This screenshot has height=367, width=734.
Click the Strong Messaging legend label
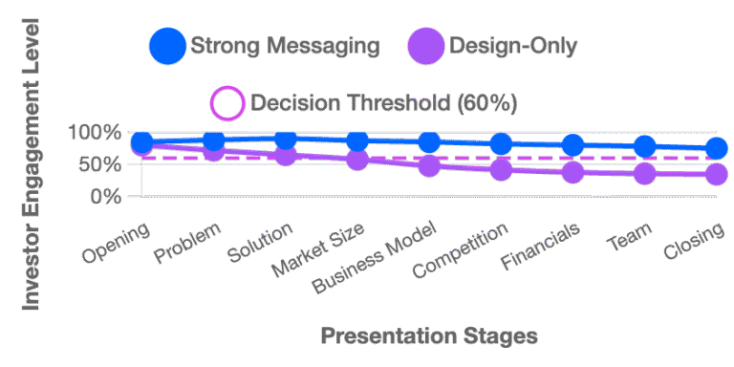click(x=285, y=46)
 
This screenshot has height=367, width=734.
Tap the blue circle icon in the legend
click(x=166, y=47)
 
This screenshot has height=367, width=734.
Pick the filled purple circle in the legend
click(x=426, y=47)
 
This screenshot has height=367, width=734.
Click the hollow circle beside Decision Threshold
click(x=227, y=103)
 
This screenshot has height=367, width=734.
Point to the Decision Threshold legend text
click(x=382, y=103)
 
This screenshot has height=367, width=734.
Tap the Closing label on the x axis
click(x=694, y=245)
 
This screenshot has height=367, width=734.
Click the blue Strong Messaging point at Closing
click(x=717, y=149)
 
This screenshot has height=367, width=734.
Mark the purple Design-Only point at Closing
click(x=717, y=175)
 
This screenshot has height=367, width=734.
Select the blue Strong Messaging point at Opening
click(x=142, y=143)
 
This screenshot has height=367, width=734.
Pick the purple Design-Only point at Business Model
click(x=430, y=165)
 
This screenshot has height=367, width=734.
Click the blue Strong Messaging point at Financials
click(x=573, y=146)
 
